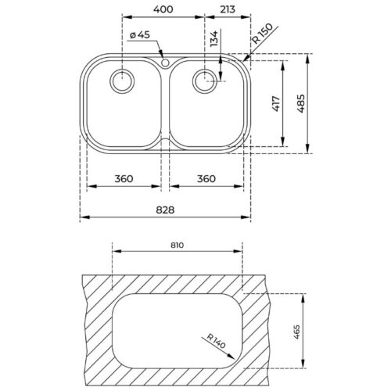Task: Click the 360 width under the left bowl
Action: [x=125, y=179]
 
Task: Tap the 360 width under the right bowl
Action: [x=207, y=179]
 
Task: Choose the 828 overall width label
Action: [x=165, y=210]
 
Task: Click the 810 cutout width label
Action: [x=177, y=246]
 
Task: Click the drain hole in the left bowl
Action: [x=123, y=80]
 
